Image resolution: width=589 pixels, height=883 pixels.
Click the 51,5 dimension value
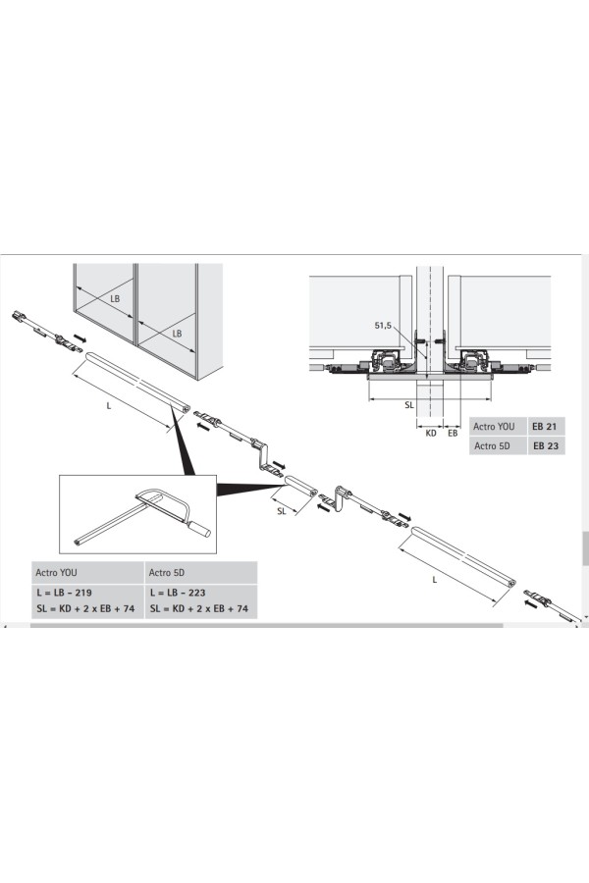tap(383, 326)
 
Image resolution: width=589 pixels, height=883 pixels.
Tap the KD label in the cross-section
tap(431, 433)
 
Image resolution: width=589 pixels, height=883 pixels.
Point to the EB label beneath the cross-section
tap(453, 433)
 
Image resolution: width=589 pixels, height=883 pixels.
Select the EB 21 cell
tap(545, 427)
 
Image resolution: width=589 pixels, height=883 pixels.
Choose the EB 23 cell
tap(546, 446)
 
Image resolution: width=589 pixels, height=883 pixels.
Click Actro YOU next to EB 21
tap(494, 427)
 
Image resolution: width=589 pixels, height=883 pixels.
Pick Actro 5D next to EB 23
tap(492, 446)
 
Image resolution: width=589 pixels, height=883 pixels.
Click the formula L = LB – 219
tap(64, 593)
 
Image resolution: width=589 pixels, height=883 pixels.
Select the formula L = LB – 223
tap(178, 593)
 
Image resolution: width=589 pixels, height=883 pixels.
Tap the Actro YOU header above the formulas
tap(56, 573)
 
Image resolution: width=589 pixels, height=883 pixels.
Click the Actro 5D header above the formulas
tap(167, 573)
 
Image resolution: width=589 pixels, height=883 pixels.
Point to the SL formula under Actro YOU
tap(85, 608)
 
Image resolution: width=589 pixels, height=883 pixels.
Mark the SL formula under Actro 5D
tap(199, 608)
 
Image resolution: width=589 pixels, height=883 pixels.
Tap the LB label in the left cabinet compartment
tap(115, 298)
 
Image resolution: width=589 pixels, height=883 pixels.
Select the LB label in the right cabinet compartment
tap(177, 334)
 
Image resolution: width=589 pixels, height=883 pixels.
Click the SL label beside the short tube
tap(282, 511)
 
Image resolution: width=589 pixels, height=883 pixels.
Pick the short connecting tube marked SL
tap(300, 487)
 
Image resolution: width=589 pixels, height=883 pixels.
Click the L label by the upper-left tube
tap(109, 405)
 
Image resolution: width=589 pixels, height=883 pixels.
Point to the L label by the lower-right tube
tap(435, 580)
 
